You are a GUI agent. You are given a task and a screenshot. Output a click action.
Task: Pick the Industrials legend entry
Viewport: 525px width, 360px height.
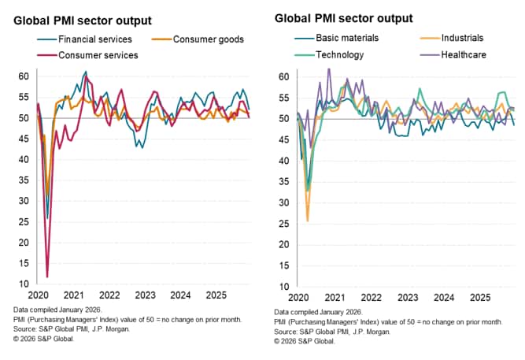(456, 38)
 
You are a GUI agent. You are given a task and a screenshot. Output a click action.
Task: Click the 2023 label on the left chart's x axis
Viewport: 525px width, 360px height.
(144, 295)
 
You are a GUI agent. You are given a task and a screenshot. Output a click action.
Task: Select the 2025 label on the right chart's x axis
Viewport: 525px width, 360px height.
(479, 299)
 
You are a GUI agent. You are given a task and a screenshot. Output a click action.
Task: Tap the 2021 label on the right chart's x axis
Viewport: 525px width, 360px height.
(335, 299)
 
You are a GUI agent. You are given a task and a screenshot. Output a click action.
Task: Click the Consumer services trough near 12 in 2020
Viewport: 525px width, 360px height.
(47, 276)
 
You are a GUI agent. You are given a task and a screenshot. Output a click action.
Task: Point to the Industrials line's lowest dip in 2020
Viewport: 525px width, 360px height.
(308, 221)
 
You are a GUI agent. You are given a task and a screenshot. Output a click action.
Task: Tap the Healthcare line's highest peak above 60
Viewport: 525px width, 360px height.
(329, 69)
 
